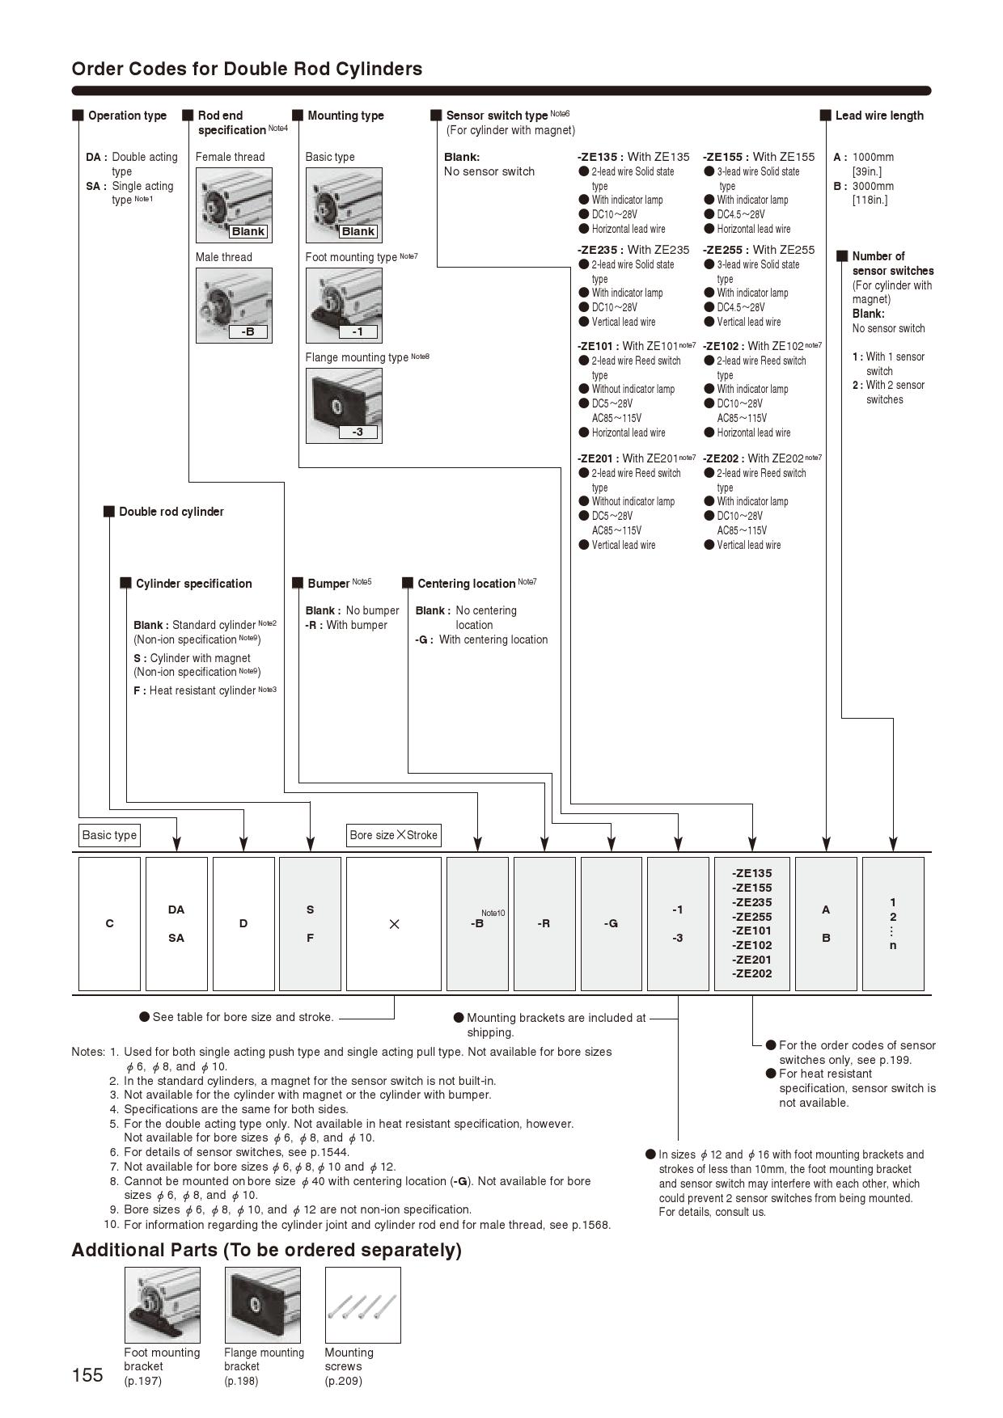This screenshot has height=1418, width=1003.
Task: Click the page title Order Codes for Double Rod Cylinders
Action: pyautogui.click(x=247, y=69)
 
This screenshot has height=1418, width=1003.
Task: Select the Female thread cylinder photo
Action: pyautogui.click(x=234, y=205)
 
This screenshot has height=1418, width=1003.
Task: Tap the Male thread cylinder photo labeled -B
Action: pyautogui.click(x=234, y=305)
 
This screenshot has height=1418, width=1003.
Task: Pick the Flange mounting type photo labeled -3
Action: pyautogui.click(x=343, y=405)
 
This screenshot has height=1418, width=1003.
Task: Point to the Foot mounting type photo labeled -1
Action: pyautogui.click(x=343, y=305)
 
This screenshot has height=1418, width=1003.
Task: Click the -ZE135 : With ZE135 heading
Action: pyautogui.click(x=633, y=157)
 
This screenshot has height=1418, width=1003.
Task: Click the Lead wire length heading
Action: pyautogui.click(x=878, y=116)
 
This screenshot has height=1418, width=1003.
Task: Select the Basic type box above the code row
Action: pyautogui.click(x=109, y=835)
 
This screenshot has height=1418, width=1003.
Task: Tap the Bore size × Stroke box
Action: pyautogui.click(x=394, y=835)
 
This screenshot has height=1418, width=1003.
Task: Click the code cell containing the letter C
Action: pyautogui.click(x=109, y=923)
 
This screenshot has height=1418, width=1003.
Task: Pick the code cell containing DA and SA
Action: pyautogui.click(x=176, y=923)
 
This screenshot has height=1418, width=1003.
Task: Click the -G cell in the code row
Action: pyautogui.click(x=611, y=923)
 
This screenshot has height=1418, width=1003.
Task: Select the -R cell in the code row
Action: pyautogui.click(x=544, y=923)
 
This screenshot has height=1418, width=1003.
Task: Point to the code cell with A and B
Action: pyautogui.click(x=826, y=923)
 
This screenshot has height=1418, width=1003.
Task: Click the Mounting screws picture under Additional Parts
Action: pyautogui.click(x=362, y=1304)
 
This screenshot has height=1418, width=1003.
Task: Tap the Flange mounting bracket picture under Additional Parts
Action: pyautogui.click(x=262, y=1304)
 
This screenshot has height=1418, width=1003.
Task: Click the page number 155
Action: pyautogui.click(x=87, y=1375)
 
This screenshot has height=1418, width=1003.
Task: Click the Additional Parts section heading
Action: pyautogui.click(x=266, y=1250)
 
